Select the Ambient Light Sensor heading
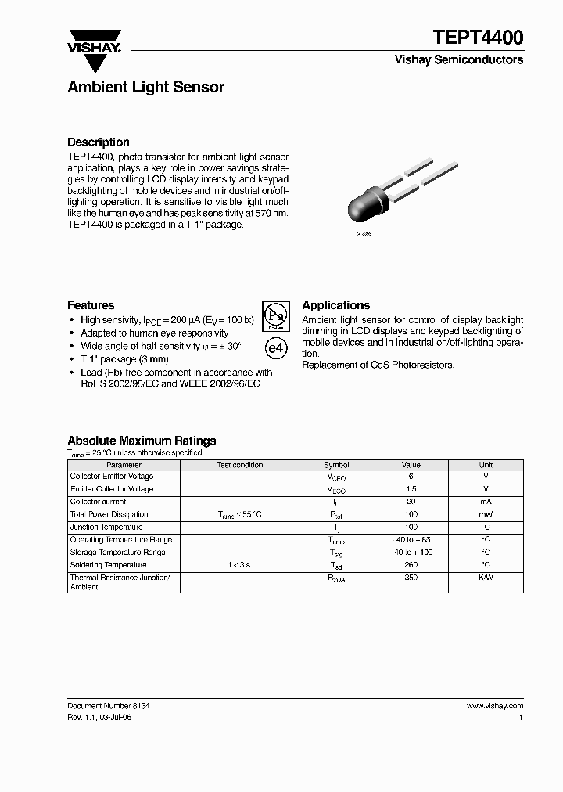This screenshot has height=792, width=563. pyautogui.click(x=145, y=87)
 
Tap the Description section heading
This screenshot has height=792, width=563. pyautogui.click(x=98, y=142)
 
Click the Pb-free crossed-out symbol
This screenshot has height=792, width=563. pyautogui.click(x=274, y=316)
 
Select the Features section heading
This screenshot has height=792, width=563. pyautogui.click(x=91, y=305)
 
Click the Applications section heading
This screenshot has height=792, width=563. pyautogui.click(x=335, y=305)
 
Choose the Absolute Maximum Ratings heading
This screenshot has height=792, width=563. pyautogui.click(x=142, y=441)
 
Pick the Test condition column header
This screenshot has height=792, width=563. pyautogui.click(x=239, y=465)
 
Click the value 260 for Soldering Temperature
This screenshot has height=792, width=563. pyautogui.click(x=411, y=565)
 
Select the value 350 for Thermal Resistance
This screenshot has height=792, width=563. pyautogui.click(x=411, y=578)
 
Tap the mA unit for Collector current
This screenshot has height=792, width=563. pyautogui.click(x=486, y=502)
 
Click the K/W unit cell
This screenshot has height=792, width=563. pyautogui.click(x=486, y=578)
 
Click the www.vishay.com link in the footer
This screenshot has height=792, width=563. pyautogui.click(x=494, y=705)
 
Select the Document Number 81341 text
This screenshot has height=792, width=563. pyautogui.click(x=109, y=705)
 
